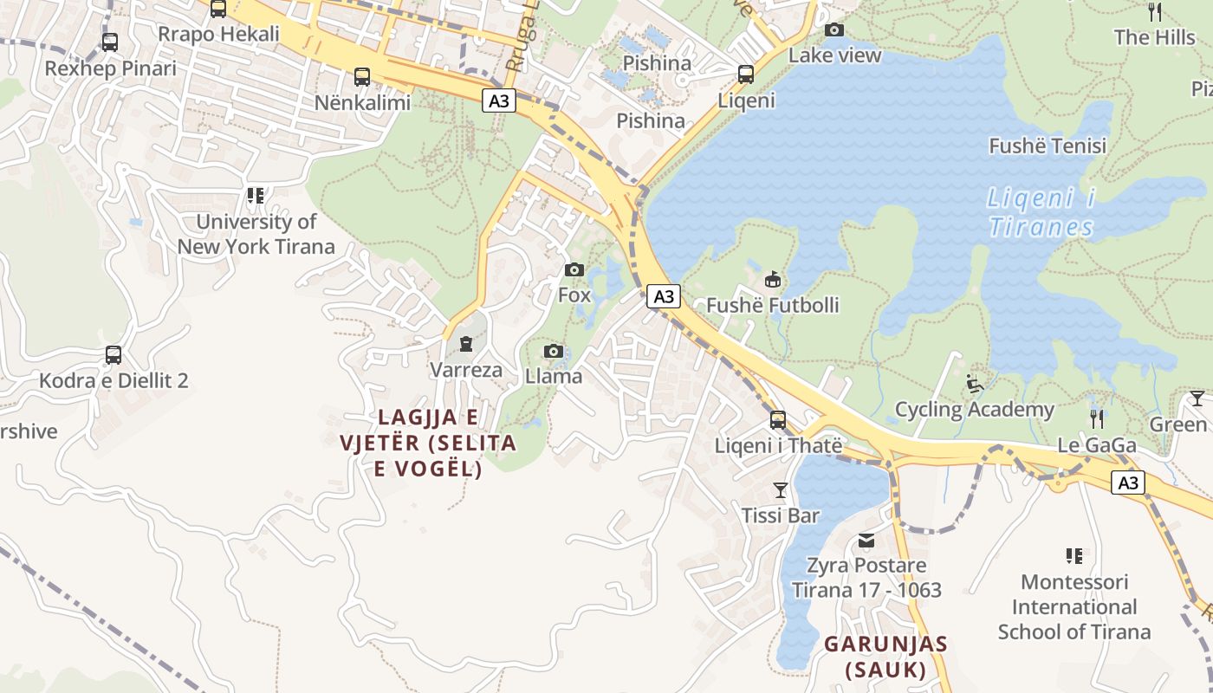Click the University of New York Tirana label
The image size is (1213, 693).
click(256, 234)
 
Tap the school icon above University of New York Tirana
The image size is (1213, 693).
click(255, 196)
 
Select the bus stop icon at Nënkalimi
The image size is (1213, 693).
click(362, 77)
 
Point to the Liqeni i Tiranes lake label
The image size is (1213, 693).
click(1041, 212)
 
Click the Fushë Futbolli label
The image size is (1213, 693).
click(772, 305)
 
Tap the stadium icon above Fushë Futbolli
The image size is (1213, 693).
click(772, 279)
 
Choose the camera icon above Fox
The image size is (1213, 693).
click(574, 270)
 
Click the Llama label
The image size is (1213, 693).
click(553, 377)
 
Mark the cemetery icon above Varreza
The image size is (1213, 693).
click(466, 344)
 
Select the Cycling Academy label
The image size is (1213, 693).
click(974, 409)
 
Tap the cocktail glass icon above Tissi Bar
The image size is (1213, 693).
click(780, 490)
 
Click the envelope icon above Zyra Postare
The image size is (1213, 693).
click(866, 541)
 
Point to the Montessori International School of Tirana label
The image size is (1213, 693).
click(1074, 606)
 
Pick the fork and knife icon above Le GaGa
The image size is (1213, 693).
click(1097, 419)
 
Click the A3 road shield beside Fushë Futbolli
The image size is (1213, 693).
click(664, 297)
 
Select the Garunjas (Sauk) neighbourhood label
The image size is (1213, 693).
click(885, 657)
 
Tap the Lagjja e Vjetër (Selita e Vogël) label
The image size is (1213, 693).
click(427, 443)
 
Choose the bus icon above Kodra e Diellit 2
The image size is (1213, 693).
click(114, 354)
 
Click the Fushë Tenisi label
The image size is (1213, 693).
click(1048, 146)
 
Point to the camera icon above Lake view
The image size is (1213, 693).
click(834, 30)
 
